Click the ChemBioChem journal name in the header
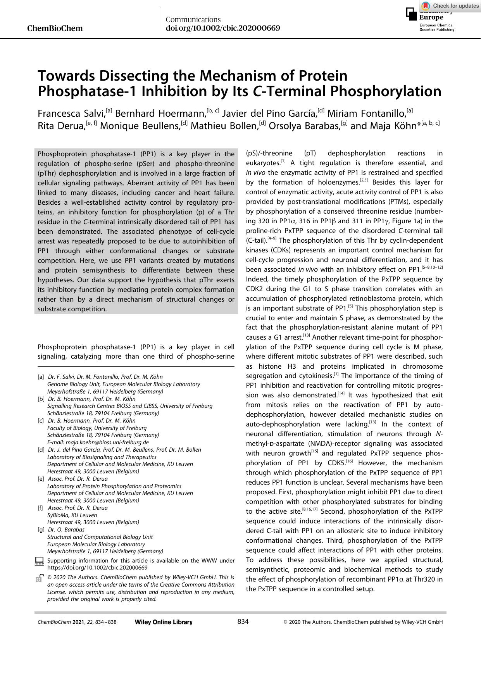tap(55, 28)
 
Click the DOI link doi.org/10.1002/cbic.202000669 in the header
tap(222, 28)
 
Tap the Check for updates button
tap(450, 6)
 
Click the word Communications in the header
tap(193, 19)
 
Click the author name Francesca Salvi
tap(71, 113)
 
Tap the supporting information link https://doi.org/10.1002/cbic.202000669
tap(97, 568)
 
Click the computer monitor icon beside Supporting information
tap(39, 561)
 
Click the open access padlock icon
tap(39, 578)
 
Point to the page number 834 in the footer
tap(243, 621)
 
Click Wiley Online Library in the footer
tap(164, 622)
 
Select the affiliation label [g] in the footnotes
tap(41, 530)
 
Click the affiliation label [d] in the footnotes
tap(41, 450)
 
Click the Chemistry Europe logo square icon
tap(412, 14)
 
